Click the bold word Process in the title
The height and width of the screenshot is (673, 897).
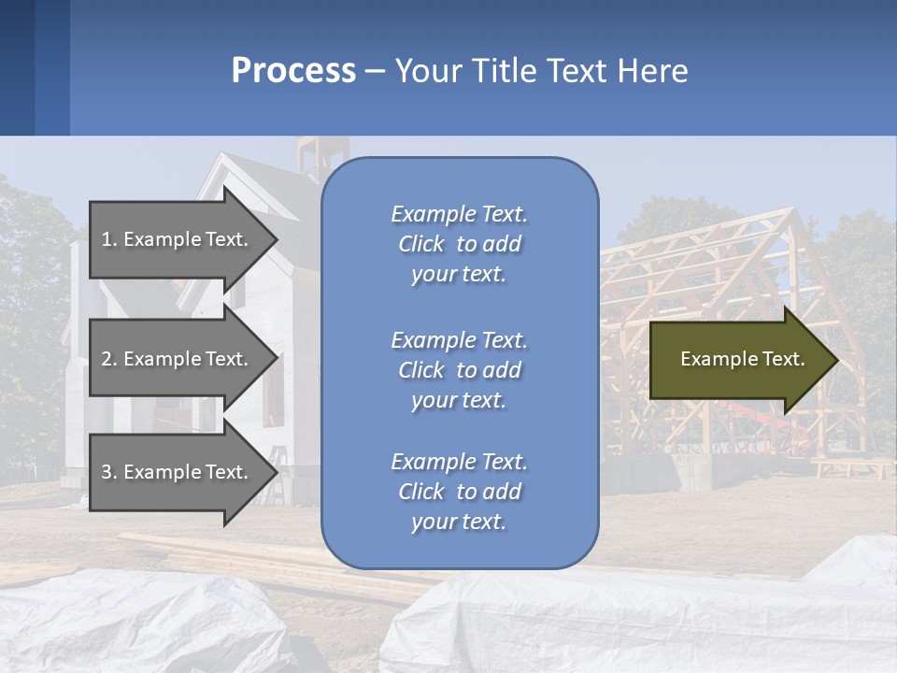pyautogui.click(x=293, y=71)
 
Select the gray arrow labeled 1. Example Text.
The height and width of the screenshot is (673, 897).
pyautogui.click(x=178, y=239)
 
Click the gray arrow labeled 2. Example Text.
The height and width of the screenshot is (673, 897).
pyautogui.click(x=178, y=359)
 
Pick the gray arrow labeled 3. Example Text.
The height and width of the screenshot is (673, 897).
pyautogui.click(x=178, y=473)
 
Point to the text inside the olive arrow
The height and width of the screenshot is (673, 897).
pyautogui.click(x=742, y=360)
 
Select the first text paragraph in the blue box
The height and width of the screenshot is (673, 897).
pyautogui.click(x=459, y=244)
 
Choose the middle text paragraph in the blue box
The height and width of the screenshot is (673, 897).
pyautogui.click(x=459, y=370)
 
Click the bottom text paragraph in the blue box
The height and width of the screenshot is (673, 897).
pyautogui.click(x=459, y=492)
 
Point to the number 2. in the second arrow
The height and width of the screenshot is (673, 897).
pyautogui.click(x=109, y=359)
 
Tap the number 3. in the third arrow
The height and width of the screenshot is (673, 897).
pyautogui.click(x=109, y=473)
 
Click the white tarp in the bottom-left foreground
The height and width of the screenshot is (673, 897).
pyautogui.click(x=140, y=622)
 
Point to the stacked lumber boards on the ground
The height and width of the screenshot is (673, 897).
pyautogui.click(x=234, y=551)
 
